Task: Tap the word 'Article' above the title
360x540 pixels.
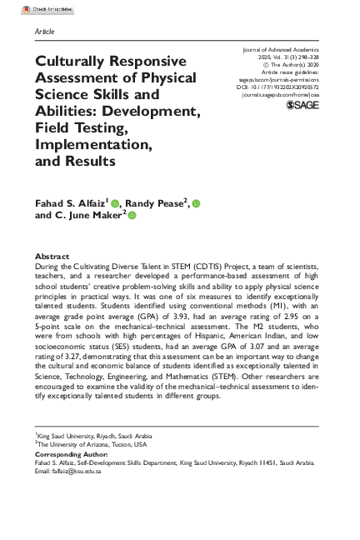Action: coord(44,30)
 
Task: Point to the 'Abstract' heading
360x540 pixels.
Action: coord(52,256)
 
